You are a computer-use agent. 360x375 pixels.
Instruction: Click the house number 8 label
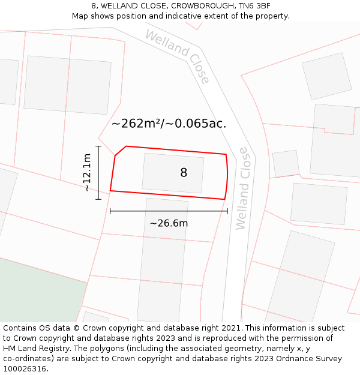(184, 173)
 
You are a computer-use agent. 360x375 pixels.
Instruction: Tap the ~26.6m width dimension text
(169, 223)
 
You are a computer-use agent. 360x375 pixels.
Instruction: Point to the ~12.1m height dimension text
(87, 172)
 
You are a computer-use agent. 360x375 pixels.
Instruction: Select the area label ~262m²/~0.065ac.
(169, 124)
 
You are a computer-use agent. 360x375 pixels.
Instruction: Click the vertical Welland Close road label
(242, 188)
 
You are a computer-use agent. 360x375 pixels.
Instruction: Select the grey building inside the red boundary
(173, 173)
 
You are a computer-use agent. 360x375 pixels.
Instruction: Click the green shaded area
(36, 288)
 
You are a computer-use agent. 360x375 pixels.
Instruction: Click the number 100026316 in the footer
(25, 368)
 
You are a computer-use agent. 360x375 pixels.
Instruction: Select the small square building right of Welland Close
(286, 163)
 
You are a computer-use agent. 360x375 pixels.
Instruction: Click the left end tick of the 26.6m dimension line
(110, 211)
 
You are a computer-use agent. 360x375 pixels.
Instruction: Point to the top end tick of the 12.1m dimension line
(98, 146)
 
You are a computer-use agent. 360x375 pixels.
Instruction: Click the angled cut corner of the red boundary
(120, 151)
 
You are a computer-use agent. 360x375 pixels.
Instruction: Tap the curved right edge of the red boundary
(227, 176)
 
